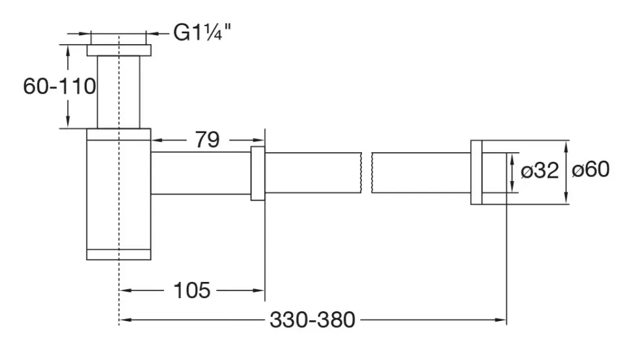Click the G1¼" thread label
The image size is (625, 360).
(x=202, y=33)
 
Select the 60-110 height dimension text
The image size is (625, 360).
(x=59, y=86)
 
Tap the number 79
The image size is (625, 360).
(x=207, y=139)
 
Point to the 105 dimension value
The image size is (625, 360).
(x=191, y=290)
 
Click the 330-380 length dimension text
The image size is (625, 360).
(x=312, y=320)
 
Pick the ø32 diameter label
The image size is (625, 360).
(x=540, y=171)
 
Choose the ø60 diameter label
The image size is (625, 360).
(x=590, y=169)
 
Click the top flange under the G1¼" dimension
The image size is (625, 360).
(x=119, y=50)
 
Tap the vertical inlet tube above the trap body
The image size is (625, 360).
(x=118, y=92)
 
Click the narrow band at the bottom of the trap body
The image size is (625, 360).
(x=118, y=255)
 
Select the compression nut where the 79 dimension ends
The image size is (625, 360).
(x=258, y=173)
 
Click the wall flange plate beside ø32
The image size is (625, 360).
(x=477, y=173)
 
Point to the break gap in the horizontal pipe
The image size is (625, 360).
(x=367, y=173)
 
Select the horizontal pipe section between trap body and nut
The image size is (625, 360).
(x=201, y=173)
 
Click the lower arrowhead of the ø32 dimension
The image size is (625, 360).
(x=513, y=187)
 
